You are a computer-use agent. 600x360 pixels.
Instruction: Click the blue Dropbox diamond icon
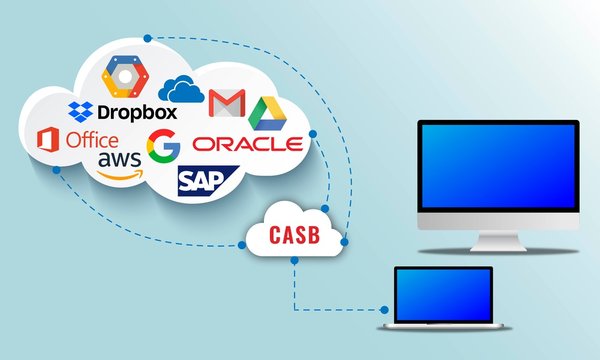[80, 109]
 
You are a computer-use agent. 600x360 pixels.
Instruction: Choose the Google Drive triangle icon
[266, 109]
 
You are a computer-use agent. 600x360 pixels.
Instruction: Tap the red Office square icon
[48, 141]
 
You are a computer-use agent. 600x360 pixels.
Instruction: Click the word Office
[92, 141]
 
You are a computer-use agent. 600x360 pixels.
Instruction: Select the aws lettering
[119, 160]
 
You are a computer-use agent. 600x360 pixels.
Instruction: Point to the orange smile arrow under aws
[124, 173]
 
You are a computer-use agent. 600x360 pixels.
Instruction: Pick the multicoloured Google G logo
[163, 146]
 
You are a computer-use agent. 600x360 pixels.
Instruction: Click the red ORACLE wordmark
[247, 143]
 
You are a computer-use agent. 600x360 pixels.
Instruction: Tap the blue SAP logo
[204, 180]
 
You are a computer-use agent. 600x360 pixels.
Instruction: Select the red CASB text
[295, 235]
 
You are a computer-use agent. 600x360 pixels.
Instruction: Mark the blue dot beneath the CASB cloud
[294, 262]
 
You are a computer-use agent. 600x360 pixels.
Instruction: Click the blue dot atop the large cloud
[148, 38]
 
